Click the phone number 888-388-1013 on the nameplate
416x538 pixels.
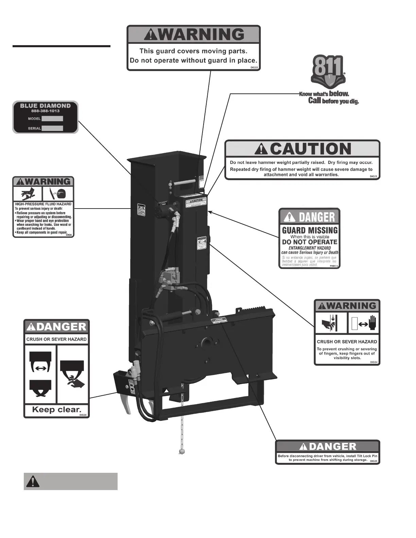point(45,111)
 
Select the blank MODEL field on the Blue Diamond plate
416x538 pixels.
point(52,119)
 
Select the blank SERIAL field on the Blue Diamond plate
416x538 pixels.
point(52,128)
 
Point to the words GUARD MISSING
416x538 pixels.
point(310,230)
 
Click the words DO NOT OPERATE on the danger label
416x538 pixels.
point(310,242)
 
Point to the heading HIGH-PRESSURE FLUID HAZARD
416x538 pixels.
point(43,204)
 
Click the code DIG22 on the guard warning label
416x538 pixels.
point(255,68)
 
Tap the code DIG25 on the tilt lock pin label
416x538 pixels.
point(373,461)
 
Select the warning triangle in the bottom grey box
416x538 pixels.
point(33,481)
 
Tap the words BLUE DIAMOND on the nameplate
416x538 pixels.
point(45,106)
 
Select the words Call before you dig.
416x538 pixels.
point(333,101)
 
